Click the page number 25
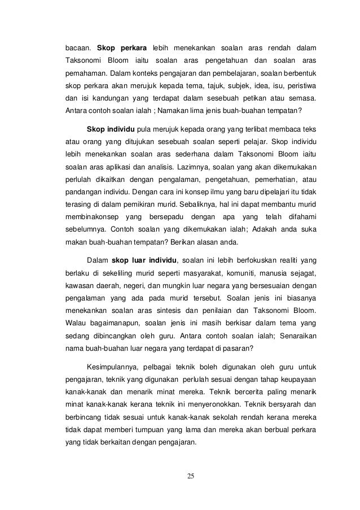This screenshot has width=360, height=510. coord(191,476)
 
